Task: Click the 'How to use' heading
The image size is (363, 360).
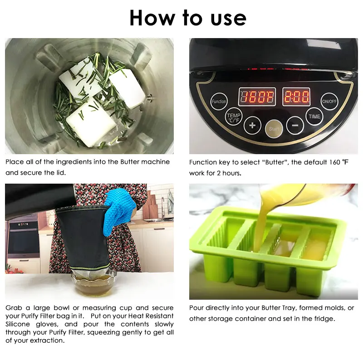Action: point(187,18)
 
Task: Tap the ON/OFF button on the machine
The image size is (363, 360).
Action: point(329,102)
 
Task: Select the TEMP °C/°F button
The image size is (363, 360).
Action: point(234,117)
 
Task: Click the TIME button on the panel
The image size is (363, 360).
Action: point(314,116)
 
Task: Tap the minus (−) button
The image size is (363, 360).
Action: point(295,125)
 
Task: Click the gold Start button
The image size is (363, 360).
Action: point(274,128)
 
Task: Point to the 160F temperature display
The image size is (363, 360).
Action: point(257,97)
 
